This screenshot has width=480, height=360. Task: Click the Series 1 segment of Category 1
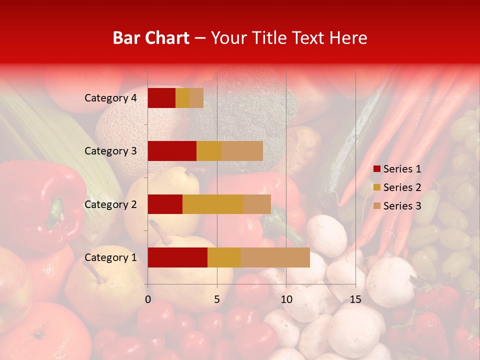[x=177, y=257]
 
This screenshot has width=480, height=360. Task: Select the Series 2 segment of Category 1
[x=224, y=257]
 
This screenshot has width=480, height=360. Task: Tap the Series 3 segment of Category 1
[x=275, y=257]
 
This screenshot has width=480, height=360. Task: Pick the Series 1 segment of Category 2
[x=165, y=204]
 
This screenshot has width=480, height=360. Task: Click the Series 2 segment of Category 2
[x=213, y=204]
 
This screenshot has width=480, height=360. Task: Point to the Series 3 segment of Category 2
[x=257, y=204]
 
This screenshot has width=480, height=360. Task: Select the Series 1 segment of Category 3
[x=172, y=151]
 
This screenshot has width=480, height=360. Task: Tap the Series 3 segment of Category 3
[x=242, y=151]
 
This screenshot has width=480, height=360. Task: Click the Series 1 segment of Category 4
[x=161, y=98]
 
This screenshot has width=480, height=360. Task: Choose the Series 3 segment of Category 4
[x=196, y=98]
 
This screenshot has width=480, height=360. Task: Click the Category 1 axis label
[x=110, y=257]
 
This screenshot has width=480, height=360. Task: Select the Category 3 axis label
[x=110, y=151]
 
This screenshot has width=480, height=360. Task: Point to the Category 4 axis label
[x=110, y=98]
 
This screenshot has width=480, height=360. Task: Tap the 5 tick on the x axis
[x=217, y=299]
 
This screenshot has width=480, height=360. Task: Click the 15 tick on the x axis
[x=355, y=299]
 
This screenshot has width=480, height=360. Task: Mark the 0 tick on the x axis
[x=148, y=299]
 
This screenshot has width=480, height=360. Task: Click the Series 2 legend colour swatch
[x=376, y=187]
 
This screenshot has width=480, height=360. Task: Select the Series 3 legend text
[x=402, y=206]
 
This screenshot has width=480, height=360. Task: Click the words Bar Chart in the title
[x=151, y=38]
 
